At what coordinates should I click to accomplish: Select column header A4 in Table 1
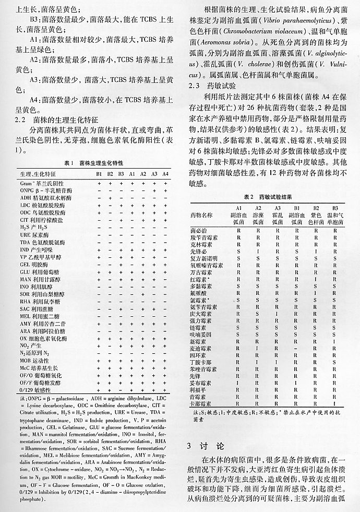[165, 174]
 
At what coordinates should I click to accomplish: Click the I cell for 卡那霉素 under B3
[335, 403]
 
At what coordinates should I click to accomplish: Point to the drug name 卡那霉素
[202, 403]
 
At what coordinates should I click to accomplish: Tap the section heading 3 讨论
[206, 446]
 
